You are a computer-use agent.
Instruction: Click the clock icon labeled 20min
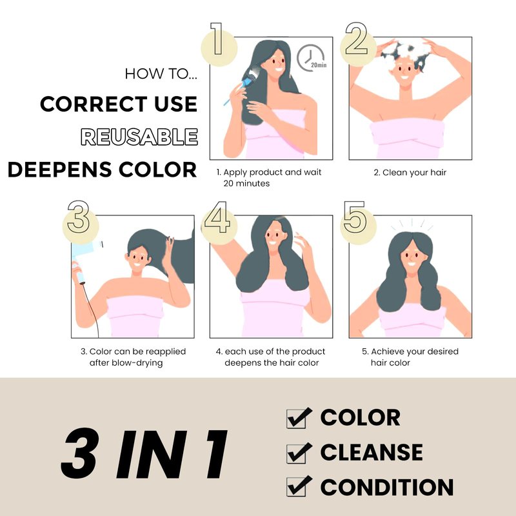(x=310, y=57)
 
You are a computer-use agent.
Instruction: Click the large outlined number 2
(x=357, y=38)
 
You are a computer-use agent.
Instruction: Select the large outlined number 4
(x=217, y=217)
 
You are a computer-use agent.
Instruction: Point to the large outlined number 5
(x=354, y=217)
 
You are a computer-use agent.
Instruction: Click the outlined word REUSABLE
(x=139, y=137)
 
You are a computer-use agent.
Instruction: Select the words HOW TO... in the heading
(x=161, y=74)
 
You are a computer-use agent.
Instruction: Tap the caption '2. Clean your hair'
(x=410, y=172)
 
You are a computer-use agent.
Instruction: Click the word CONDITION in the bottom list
(x=387, y=487)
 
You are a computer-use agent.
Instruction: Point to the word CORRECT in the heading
(x=94, y=104)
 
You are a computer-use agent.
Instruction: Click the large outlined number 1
(x=217, y=39)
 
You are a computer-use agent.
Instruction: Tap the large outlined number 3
(x=78, y=217)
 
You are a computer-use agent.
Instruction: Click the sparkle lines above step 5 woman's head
(x=412, y=225)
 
